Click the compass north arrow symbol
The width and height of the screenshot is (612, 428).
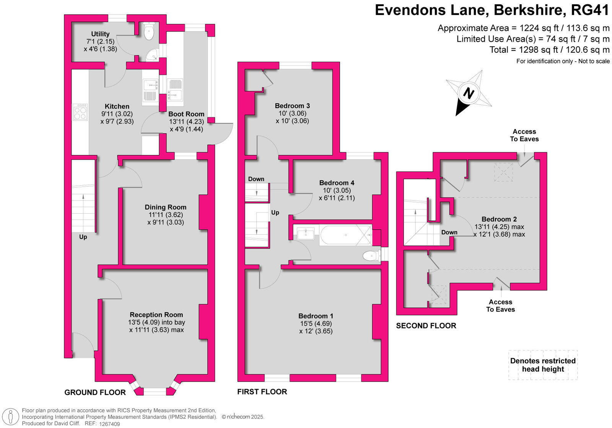(x=469, y=93)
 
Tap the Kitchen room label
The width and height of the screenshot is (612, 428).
(x=117, y=106)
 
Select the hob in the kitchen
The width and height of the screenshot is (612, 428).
(x=80, y=112)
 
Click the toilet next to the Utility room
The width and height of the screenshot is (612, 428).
(x=148, y=32)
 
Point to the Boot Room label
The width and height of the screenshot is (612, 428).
(x=186, y=114)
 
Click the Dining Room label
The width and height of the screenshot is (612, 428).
(x=165, y=207)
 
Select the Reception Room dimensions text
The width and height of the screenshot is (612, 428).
(x=156, y=326)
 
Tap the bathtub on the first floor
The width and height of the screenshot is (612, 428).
(x=345, y=235)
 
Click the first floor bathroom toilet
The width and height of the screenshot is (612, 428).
(x=370, y=256)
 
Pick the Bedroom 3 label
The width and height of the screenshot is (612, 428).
(x=292, y=106)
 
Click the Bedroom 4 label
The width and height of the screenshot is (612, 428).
(x=337, y=183)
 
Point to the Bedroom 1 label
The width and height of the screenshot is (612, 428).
(x=316, y=316)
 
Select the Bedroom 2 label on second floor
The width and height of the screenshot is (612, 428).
(x=499, y=219)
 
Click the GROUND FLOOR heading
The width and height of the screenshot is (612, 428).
(x=95, y=392)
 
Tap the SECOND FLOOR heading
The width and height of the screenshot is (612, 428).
(x=426, y=326)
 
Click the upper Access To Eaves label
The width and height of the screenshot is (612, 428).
(x=524, y=135)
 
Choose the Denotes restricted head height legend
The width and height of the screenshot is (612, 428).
(x=543, y=365)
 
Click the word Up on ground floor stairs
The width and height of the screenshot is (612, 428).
(x=83, y=237)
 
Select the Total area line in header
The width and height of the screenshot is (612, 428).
(x=549, y=50)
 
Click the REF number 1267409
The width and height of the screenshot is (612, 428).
(x=109, y=424)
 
